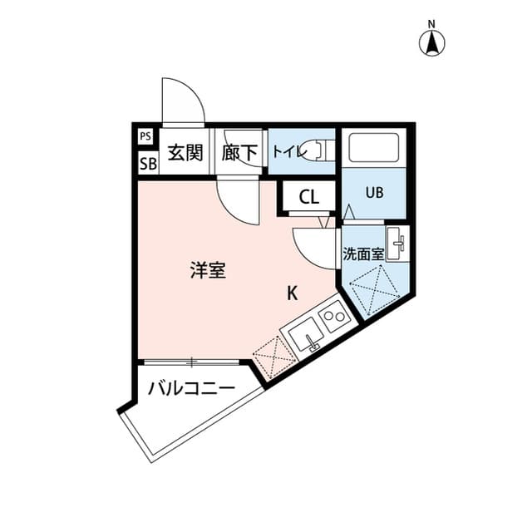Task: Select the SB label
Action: tap(146, 162)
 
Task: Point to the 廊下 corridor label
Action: tap(239, 153)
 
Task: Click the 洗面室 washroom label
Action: tap(363, 254)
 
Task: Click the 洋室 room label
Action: tap(207, 270)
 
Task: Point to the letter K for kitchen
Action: tap(293, 293)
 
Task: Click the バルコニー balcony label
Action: tap(192, 389)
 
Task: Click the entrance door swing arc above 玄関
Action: tap(182, 101)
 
